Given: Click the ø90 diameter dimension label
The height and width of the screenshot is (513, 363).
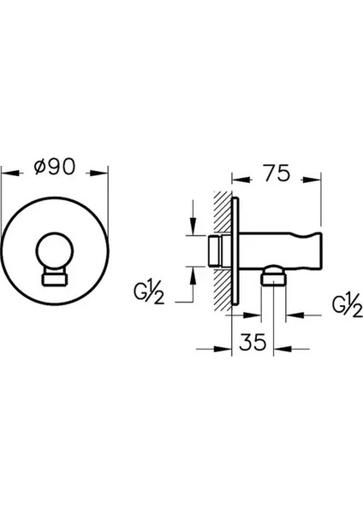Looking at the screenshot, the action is click(x=55, y=167).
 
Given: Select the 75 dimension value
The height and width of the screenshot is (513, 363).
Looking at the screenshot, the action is click(x=277, y=173).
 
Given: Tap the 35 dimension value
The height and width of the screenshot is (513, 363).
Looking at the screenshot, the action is click(x=253, y=343).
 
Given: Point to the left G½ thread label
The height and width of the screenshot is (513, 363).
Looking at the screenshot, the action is click(x=149, y=293).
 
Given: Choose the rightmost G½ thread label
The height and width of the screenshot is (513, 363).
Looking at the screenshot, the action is click(x=348, y=307).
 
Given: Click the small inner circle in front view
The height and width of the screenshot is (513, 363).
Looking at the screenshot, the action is click(x=55, y=251).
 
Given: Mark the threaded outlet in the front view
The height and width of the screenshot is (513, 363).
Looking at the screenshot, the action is click(x=55, y=280).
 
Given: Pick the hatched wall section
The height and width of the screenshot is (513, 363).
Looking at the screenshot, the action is click(x=222, y=251).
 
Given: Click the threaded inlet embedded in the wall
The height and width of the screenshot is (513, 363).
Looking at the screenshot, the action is click(x=215, y=251).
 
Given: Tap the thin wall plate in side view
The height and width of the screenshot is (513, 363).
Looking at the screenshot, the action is click(x=235, y=251).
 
